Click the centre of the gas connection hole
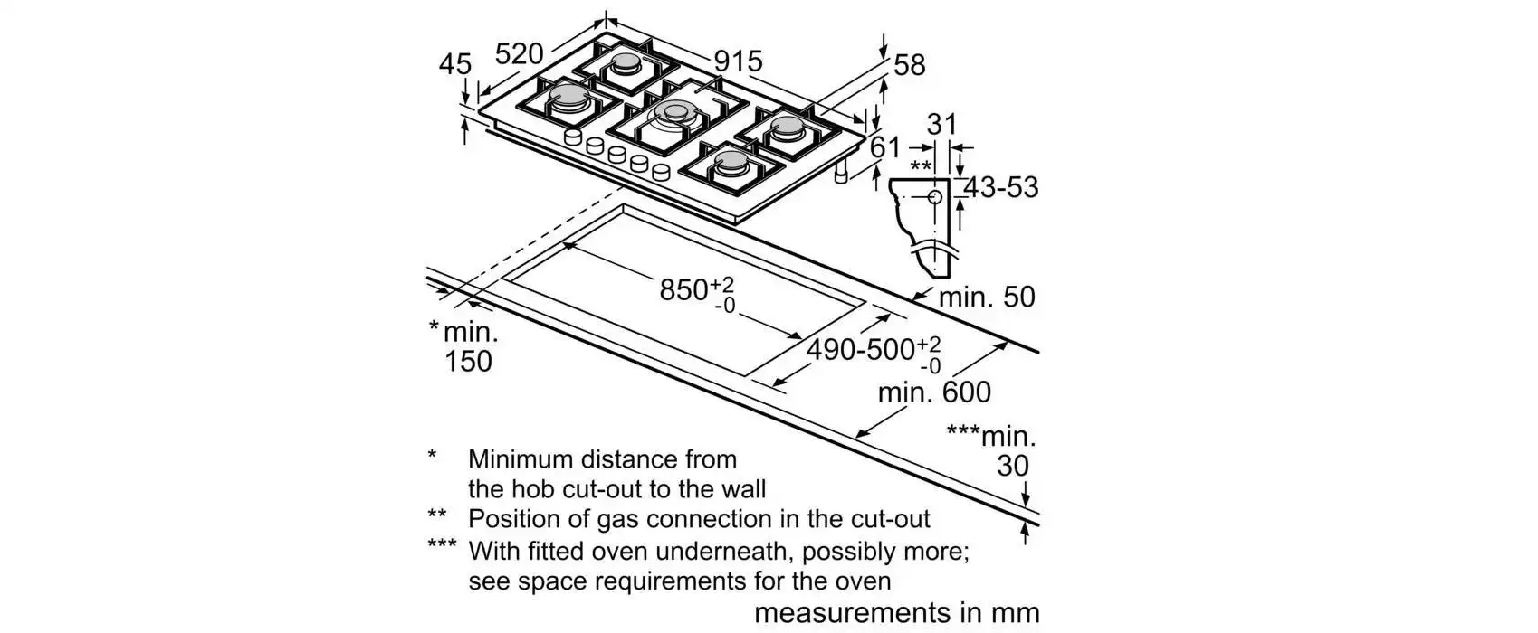934,197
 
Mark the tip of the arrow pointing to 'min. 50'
912,299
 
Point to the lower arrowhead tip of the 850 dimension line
801,337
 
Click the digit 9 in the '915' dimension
721,61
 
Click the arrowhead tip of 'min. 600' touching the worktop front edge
856,436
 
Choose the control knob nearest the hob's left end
573,137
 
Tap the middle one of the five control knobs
616,155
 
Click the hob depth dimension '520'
519,52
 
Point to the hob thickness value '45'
455,64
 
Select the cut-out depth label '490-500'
861,350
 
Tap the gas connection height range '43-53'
1001,187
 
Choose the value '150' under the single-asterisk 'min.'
468,362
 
